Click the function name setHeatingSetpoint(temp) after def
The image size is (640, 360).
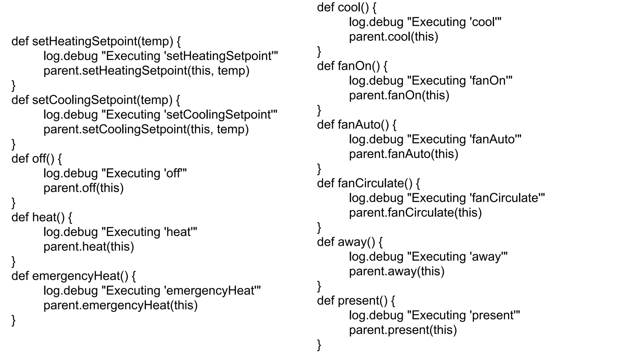(x=102, y=41)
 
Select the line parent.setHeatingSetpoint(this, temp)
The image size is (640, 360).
(x=146, y=71)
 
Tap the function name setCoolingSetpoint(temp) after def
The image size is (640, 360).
(x=102, y=100)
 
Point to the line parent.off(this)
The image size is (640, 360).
(x=83, y=188)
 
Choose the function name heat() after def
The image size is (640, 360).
(x=48, y=217)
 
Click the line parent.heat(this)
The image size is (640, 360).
(x=89, y=247)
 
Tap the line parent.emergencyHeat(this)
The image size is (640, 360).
(x=121, y=305)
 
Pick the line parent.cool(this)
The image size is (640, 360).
(x=394, y=37)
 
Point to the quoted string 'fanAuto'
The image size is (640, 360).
(x=495, y=139)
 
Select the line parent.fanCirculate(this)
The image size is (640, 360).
(x=415, y=213)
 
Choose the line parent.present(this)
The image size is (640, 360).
(x=403, y=330)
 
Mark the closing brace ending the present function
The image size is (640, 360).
(x=319, y=345)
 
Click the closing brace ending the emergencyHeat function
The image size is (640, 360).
(x=13, y=320)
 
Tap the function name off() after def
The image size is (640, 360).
(x=43, y=159)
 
